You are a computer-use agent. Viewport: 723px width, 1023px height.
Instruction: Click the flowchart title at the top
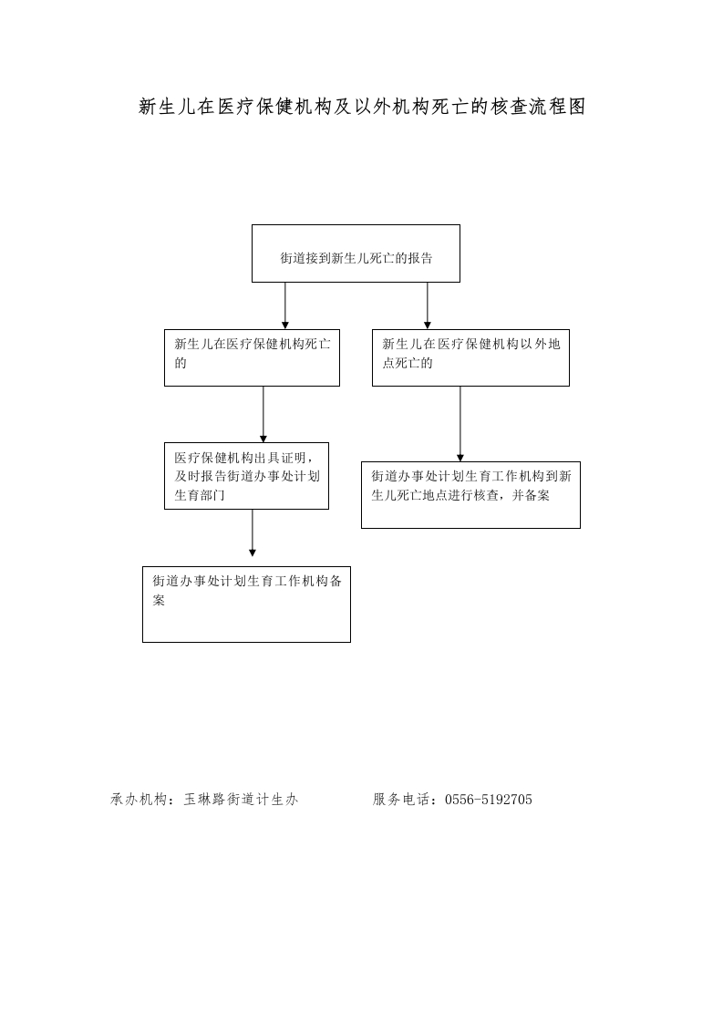(x=362, y=107)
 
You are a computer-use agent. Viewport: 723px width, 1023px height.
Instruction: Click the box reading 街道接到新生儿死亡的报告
(x=356, y=253)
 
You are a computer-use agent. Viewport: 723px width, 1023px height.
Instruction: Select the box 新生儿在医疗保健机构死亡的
(x=252, y=357)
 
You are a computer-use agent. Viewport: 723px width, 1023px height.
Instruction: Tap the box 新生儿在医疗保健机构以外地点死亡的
(x=470, y=357)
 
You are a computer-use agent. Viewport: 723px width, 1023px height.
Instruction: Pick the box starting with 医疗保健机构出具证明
(x=246, y=476)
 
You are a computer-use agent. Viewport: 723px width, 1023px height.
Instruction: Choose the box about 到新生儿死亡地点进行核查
(x=470, y=495)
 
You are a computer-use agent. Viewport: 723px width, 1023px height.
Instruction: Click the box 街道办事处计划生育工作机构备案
(x=246, y=604)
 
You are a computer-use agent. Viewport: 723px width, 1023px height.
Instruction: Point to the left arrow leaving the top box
(x=285, y=306)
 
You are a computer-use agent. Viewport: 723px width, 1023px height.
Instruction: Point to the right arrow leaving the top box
(x=428, y=306)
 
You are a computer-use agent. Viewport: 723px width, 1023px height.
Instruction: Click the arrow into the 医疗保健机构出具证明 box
(x=263, y=414)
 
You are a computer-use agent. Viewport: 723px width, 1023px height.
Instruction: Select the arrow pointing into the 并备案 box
(x=460, y=424)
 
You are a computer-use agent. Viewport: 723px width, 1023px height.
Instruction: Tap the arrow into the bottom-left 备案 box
(x=253, y=533)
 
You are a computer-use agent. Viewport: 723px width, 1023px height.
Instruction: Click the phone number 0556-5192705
(x=489, y=800)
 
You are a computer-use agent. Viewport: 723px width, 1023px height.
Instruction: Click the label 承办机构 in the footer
(x=139, y=800)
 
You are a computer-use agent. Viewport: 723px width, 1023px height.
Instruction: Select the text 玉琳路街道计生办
(x=241, y=800)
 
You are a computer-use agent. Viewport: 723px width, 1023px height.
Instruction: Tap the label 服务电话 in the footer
(x=400, y=800)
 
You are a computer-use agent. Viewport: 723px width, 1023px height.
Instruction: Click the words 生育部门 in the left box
(x=200, y=495)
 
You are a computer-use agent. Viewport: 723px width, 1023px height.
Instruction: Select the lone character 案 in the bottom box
(x=160, y=600)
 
